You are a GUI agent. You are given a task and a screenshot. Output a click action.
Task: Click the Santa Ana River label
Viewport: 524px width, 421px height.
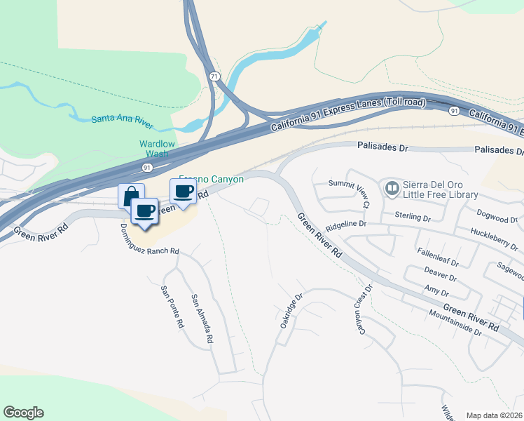[x=122, y=119]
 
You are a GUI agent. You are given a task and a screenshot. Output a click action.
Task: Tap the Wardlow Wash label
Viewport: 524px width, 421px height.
[x=157, y=149]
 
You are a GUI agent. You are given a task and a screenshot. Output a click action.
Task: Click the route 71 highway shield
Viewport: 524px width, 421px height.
[x=213, y=76]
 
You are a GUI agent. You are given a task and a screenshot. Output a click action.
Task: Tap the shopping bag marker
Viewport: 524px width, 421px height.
[x=131, y=196]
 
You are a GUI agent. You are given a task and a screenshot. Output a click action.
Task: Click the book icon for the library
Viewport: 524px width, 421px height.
[x=391, y=188]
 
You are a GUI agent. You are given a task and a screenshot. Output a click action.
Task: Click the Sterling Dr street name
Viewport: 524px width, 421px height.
[x=413, y=217]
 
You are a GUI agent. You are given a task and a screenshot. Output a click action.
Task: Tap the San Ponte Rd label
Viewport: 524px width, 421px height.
[x=172, y=308]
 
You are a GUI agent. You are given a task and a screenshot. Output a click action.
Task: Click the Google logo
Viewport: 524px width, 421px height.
[x=24, y=413]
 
